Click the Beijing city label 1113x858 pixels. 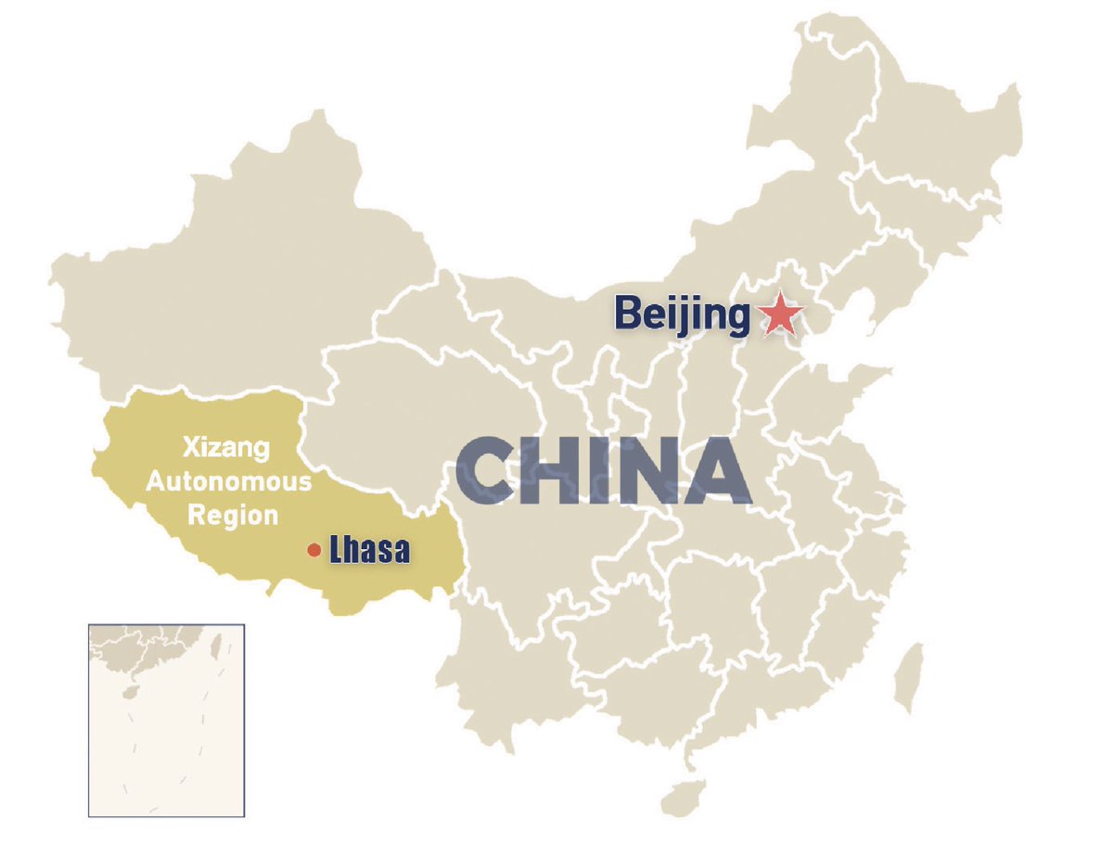pyautogui.click(x=682, y=315)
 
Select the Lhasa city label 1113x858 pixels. pyautogui.click(x=369, y=551)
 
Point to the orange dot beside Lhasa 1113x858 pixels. pyautogui.click(x=314, y=551)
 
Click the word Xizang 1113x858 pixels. pyautogui.click(x=226, y=450)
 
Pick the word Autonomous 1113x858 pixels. pyautogui.click(x=229, y=482)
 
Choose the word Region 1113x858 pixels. pyautogui.click(x=233, y=515)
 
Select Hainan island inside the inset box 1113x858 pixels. pyautogui.click(x=128, y=691)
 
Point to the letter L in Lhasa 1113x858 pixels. pyautogui.click(x=337, y=551)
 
